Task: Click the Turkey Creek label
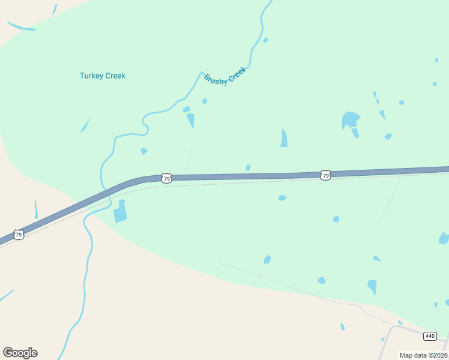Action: coord(103,76)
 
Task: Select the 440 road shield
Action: coord(429,335)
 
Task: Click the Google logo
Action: coord(20,353)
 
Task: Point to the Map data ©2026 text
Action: coord(424,355)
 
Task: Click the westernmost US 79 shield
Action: coord(19,235)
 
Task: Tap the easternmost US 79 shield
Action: coord(325,175)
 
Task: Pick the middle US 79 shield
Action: coord(166,178)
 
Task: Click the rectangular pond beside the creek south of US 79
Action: coord(121,211)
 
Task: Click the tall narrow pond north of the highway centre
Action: coord(283,138)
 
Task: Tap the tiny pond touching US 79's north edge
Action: coord(248,168)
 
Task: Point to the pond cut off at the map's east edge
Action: coord(444,238)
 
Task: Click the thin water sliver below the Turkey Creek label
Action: coord(85,125)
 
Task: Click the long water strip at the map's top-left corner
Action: coord(21,26)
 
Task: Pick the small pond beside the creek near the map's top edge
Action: coord(265,40)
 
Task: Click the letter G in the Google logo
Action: coord(8,353)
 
